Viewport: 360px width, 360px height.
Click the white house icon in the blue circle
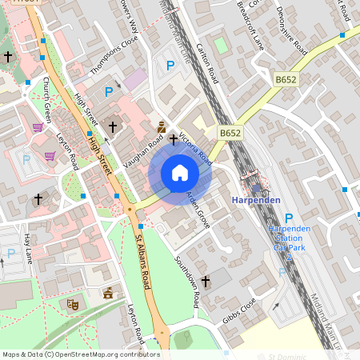point(180,173)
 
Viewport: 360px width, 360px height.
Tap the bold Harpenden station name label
point(260,199)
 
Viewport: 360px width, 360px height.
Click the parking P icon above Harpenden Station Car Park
point(289,218)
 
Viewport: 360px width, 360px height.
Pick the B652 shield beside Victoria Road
point(230,133)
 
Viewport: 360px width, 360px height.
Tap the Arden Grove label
point(198,210)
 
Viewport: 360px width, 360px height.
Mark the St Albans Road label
point(144,260)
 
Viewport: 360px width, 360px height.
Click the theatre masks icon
point(72,303)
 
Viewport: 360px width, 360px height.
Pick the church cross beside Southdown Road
point(206,281)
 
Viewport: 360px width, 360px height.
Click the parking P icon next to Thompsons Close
point(109,92)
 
